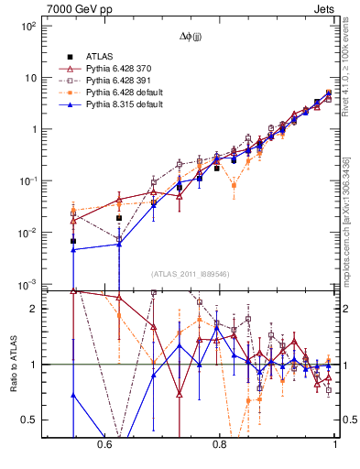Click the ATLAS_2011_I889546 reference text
click(191, 274)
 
